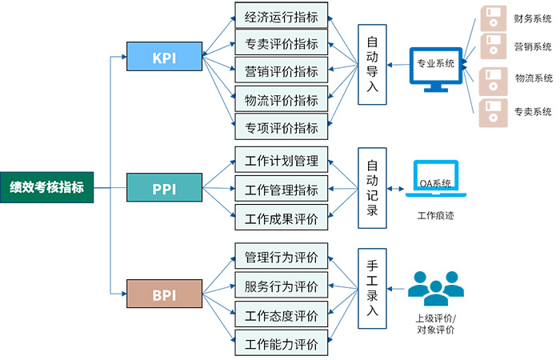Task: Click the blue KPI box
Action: pos(163,57)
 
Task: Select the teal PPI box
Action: pos(163,189)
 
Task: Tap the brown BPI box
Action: pos(163,294)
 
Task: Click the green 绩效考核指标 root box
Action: pos(46,188)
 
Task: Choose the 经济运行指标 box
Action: pos(281,15)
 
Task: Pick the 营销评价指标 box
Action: pos(281,72)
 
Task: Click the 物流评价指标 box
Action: pos(281,101)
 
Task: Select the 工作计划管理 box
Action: pos(281,161)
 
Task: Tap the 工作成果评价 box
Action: pos(281,218)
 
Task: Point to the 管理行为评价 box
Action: pos(281,258)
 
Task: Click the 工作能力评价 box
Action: pos(281,345)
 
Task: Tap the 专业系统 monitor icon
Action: pos(435,67)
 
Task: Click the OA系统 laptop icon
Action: pos(435,181)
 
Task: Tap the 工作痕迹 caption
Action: pos(435,216)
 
